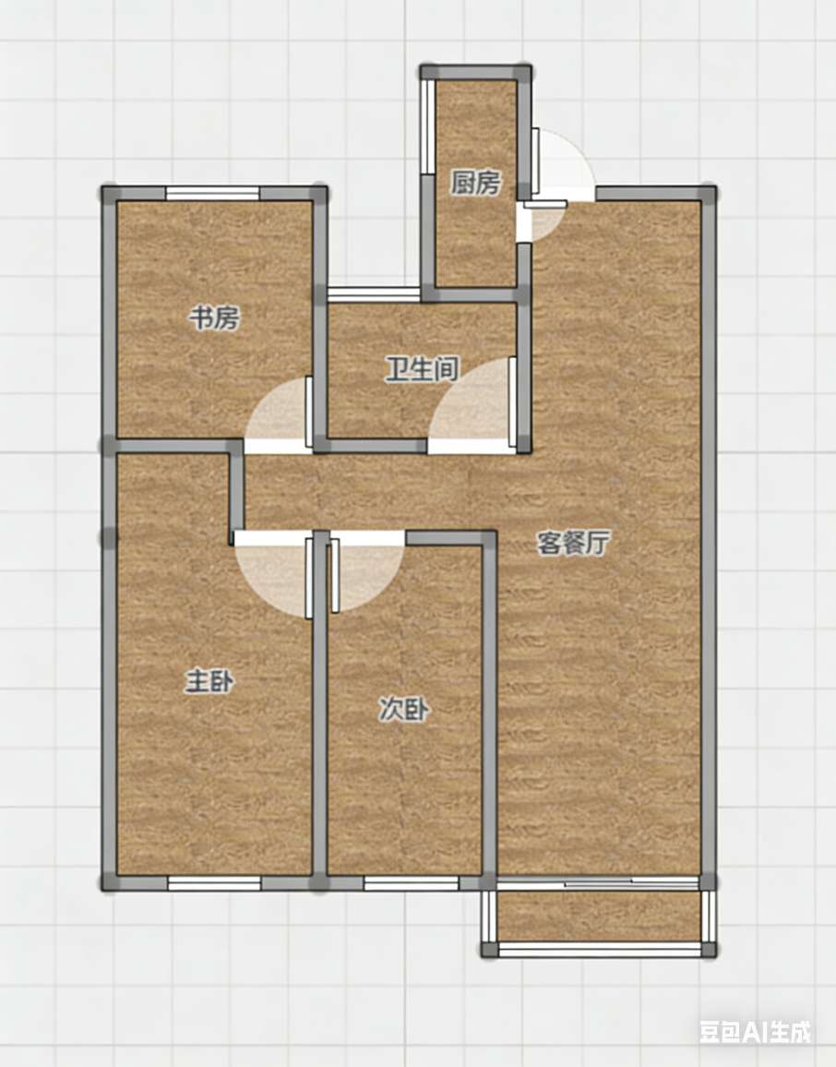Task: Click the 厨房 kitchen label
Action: point(475,183)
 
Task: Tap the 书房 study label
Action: point(214,318)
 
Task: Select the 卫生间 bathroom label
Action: point(422,369)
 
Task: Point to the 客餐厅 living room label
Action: point(573,543)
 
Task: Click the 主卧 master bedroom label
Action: point(209,681)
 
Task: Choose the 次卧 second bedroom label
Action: point(404,710)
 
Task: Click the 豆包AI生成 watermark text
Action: point(755,1032)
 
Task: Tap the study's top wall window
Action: point(213,193)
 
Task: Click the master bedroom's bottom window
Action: point(214,883)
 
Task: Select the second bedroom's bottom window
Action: point(411,883)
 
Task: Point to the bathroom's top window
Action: point(374,294)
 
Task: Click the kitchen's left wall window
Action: point(428,127)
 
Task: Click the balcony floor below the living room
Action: point(599,916)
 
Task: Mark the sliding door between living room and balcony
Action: point(599,882)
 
